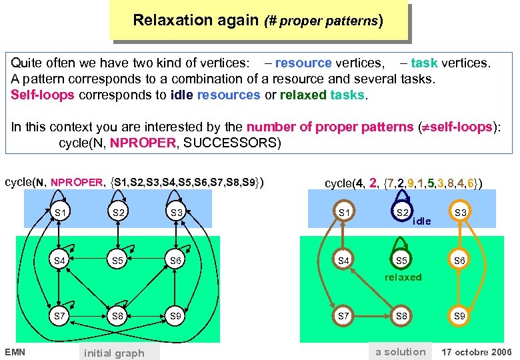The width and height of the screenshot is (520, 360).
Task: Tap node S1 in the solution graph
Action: (x=344, y=213)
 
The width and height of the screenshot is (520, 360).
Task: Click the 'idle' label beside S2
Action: (x=422, y=221)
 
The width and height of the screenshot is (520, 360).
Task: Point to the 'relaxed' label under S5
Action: (x=403, y=277)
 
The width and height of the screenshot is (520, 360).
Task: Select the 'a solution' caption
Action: (x=400, y=351)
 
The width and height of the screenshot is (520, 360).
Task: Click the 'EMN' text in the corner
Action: (x=15, y=351)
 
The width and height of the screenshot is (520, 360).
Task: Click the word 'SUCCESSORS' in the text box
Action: (x=232, y=143)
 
